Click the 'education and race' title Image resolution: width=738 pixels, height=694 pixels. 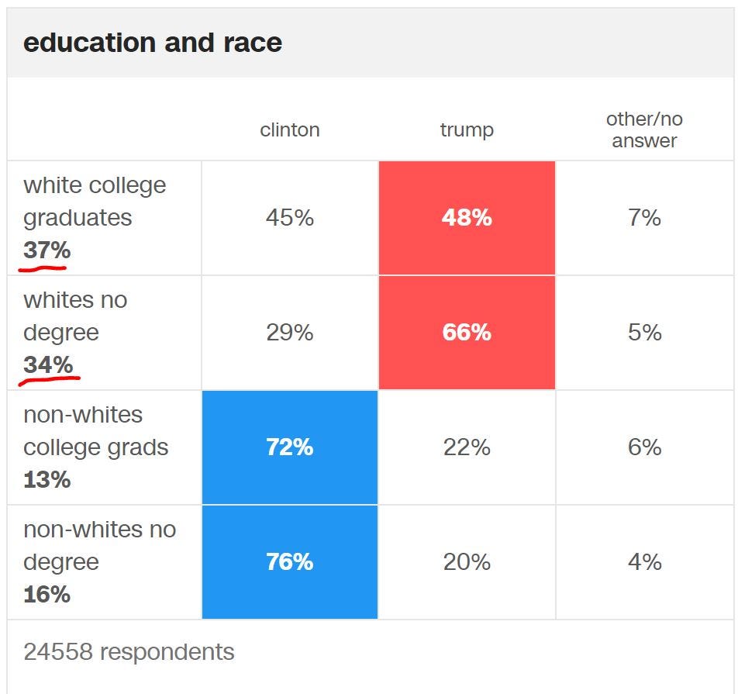[x=153, y=42]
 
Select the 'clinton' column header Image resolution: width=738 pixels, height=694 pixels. [x=290, y=129]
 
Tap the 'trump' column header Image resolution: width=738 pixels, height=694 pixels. [x=467, y=129]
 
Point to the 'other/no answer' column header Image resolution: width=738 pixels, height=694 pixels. [x=644, y=129]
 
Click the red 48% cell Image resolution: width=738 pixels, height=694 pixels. [x=467, y=218]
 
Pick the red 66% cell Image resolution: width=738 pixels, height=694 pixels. [x=467, y=333]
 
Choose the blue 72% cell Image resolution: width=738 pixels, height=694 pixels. [x=290, y=447]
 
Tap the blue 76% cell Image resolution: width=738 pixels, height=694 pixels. [x=290, y=562]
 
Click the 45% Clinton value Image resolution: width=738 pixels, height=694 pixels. [x=290, y=218]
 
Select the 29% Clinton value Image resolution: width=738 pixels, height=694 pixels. [x=290, y=333]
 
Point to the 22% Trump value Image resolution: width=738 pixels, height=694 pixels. [x=467, y=447]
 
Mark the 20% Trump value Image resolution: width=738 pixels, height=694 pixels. [x=467, y=562]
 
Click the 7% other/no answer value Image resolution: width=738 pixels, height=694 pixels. [x=644, y=218]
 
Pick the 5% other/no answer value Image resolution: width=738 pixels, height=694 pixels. [x=644, y=333]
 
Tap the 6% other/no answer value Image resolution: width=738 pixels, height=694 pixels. [x=644, y=447]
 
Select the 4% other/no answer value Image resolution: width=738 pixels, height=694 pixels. [x=644, y=562]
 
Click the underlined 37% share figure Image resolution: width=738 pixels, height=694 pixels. [x=47, y=250]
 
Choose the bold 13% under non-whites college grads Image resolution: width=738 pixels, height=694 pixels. [x=47, y=480]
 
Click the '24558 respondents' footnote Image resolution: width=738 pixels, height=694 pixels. [x=129, y=651]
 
